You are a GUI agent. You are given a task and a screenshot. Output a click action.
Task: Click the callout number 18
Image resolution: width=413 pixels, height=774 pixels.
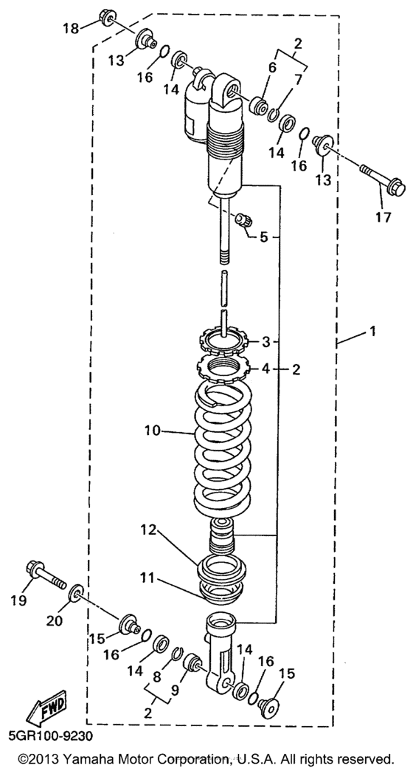[71, 28]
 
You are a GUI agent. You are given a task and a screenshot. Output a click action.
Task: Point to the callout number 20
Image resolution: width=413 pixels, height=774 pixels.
[55, 621]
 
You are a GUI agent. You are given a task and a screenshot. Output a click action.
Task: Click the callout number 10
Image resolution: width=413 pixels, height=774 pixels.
[153, 431]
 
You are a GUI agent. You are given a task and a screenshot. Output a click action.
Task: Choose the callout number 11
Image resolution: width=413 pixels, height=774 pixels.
[147, 577]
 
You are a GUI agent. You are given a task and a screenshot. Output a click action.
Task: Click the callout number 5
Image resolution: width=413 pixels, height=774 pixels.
[264, 237]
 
